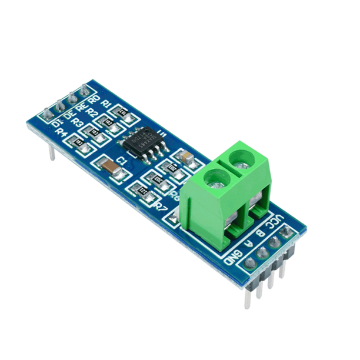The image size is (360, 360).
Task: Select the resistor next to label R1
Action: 122,110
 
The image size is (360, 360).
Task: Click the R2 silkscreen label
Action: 92,111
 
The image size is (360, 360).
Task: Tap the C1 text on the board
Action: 122,160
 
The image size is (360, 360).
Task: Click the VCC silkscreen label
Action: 274,224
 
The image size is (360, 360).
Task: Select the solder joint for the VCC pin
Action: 287,235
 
